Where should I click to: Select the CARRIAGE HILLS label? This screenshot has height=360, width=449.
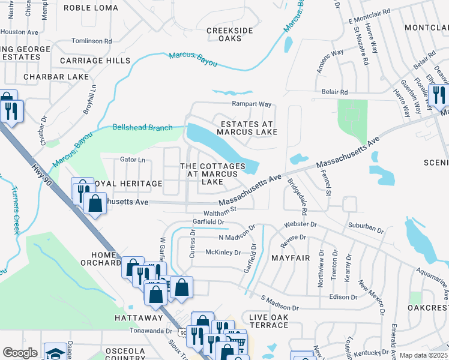[95, 61]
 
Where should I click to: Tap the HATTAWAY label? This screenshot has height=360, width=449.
[139, 317]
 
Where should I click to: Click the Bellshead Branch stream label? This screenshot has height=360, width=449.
[142, 127]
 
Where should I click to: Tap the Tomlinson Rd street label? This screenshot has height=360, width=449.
[91, 41]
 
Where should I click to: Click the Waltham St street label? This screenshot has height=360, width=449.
[222, 210]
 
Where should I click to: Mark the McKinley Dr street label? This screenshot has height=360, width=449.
[223, 252]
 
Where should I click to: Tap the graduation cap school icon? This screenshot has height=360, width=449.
[55, 352]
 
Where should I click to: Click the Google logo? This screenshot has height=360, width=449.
[20, 352]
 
